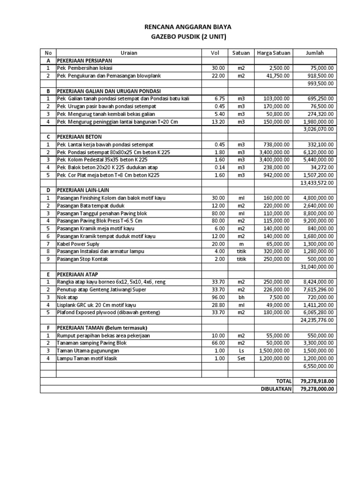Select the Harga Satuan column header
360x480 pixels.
pyautogui.click(x=273, y=53)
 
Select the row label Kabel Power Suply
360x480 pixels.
pyautogui.click(x=78, y=244)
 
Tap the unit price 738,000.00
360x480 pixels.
pyautogui.click(x=277, y=144)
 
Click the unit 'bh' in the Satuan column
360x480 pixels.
pyautogui.click(x=241, y=297)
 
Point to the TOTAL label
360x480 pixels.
pyautogui.click(x=283, y=382)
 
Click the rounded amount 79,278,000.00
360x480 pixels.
pyautogui.click(x=315, y=389)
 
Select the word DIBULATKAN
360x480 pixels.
pyautogui.click(x=276, y=389)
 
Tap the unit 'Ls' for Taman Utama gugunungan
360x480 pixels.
pyautogui.click(x=241, y=351)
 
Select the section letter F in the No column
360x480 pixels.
pyautogui.click(x=48, y=328)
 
